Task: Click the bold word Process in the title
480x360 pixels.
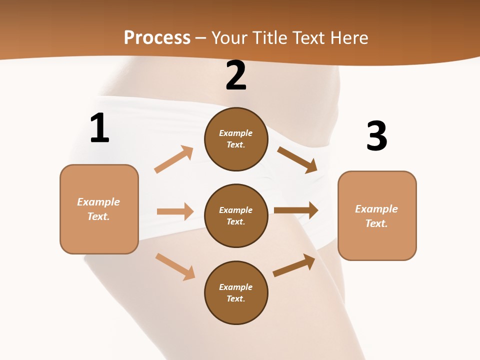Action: pos(157,38)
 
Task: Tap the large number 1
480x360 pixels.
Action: pos(99,128)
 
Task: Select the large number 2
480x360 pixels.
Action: pos(236,75)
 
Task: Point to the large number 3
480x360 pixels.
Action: pos(376,136)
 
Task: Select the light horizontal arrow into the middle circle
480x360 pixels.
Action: pos(175,211)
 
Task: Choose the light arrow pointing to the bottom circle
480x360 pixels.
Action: pos(175,266)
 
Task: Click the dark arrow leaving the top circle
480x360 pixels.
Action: pos(297,160)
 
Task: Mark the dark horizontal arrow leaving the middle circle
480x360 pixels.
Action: pos(296,210)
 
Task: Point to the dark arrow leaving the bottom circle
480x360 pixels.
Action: pos(294,265)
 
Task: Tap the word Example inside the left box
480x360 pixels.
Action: pos(98,202)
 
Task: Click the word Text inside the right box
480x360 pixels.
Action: pos(375,223)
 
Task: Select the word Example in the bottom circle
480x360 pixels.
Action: pos(236,287)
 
